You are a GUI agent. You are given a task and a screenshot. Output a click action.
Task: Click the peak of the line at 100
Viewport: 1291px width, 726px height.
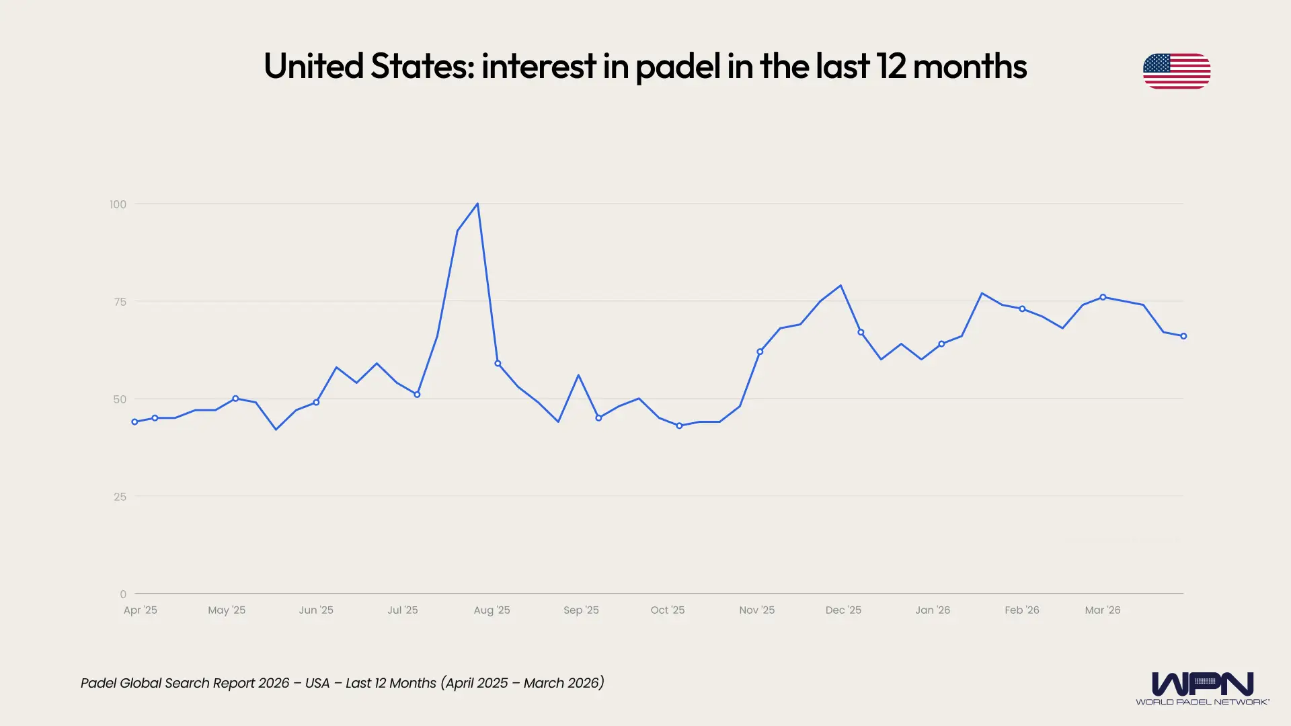477,204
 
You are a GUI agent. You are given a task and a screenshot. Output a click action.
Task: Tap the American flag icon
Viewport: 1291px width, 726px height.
1176,71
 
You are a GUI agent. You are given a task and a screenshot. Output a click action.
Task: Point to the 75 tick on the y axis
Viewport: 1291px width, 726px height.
120,302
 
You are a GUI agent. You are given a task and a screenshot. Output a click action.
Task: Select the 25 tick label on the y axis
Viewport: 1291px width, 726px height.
120,497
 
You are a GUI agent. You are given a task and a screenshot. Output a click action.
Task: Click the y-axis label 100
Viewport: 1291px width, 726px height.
118,204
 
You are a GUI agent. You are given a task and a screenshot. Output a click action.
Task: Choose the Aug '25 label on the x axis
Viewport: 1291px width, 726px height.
492,610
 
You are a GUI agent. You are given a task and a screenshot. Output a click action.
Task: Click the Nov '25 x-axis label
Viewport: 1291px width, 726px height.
756,610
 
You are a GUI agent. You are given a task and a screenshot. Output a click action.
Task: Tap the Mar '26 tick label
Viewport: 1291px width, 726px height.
1102,610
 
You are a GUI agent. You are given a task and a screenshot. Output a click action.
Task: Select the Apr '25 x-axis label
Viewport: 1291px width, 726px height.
140,610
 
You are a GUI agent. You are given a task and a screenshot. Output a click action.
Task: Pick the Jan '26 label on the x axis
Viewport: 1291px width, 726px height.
932,610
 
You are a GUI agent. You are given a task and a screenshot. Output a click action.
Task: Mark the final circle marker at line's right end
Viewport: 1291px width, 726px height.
1183,336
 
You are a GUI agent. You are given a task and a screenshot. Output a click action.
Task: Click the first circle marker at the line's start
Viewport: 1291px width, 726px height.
134,422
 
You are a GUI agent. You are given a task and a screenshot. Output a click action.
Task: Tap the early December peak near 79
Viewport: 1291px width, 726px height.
840,286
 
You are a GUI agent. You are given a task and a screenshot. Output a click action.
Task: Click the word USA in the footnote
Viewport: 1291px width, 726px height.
317,683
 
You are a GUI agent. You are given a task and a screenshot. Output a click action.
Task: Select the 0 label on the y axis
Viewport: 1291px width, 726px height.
123,594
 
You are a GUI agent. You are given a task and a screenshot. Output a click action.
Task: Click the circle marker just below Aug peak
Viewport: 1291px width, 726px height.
498,364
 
